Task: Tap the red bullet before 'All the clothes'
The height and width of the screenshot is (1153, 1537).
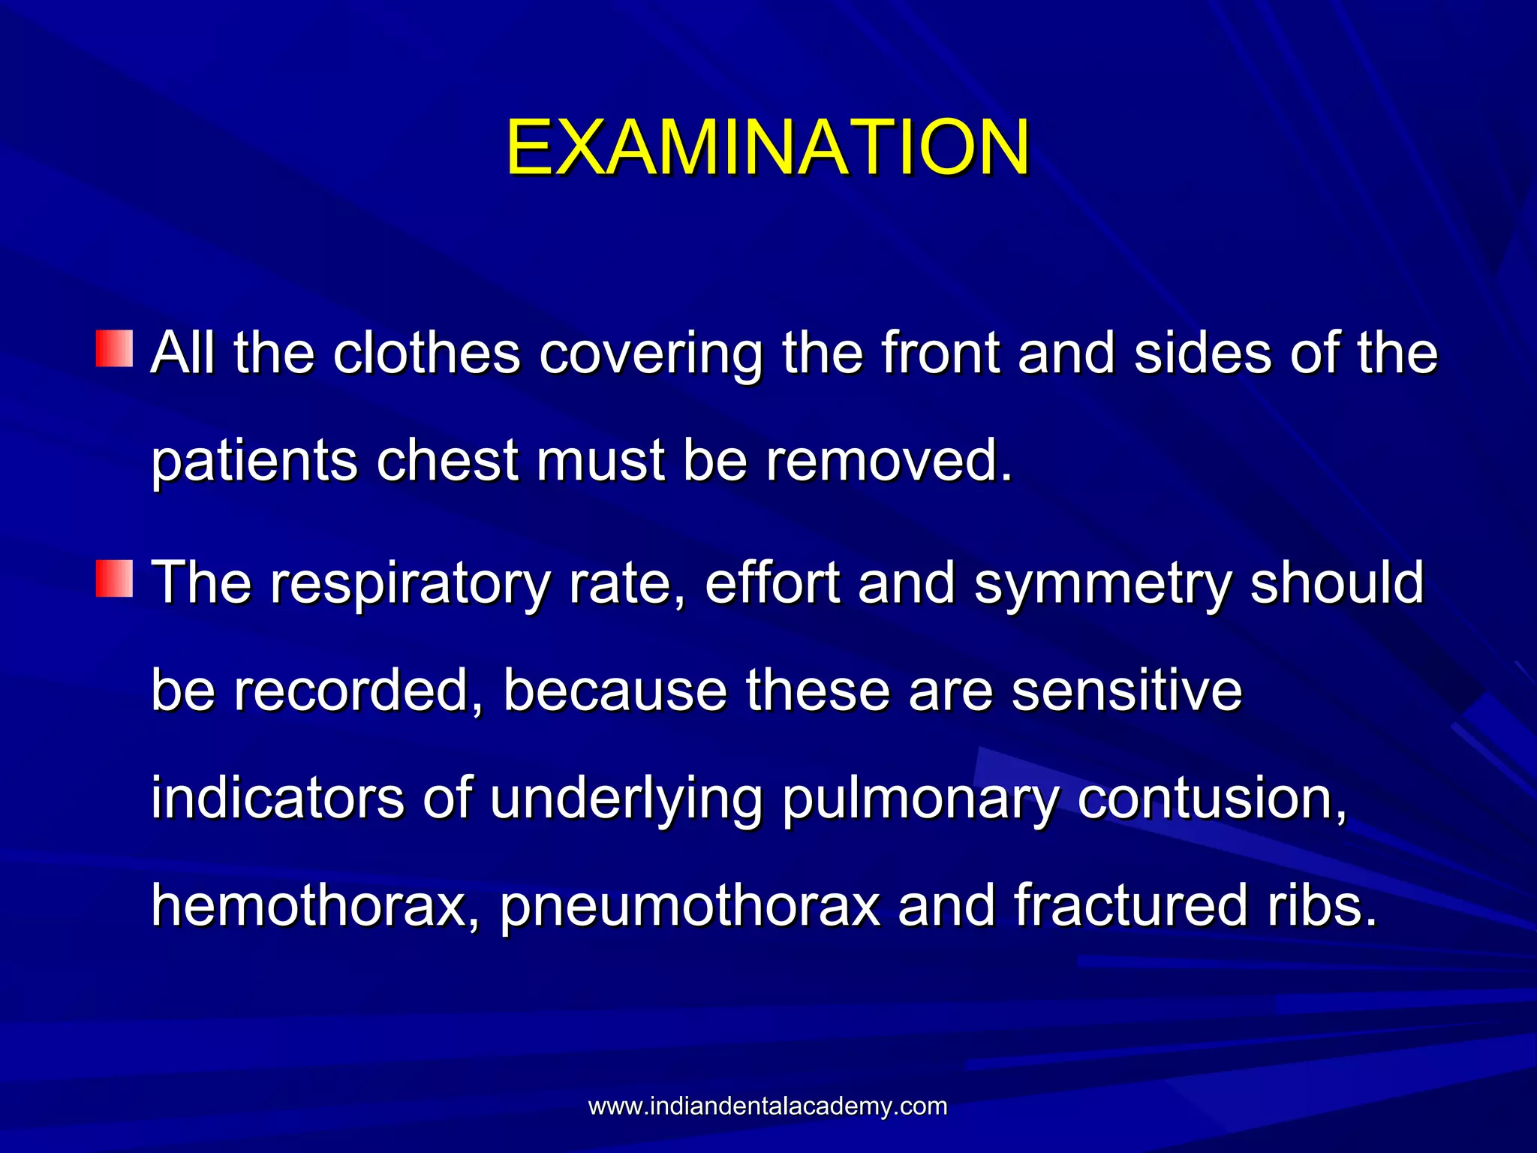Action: pyautogui.click(x=114, y=348)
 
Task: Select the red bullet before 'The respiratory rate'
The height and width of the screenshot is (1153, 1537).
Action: pyautogui.click(x=114, y=578)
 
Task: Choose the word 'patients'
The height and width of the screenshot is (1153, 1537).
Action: pyautogui.click(x=254, y=462)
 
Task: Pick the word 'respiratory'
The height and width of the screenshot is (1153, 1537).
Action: pyautogui.click(x=410, y=584)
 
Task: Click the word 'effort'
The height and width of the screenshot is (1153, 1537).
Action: pyautogui.click(x=772, y=583)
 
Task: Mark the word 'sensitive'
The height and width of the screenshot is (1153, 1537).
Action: pyautogui.click(x=1126, y=691)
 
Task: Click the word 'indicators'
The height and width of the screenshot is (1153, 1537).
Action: pyautogui.click(x=277, y=798)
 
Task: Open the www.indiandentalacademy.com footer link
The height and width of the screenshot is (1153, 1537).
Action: pyautogui.click(x=768, y=1106)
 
